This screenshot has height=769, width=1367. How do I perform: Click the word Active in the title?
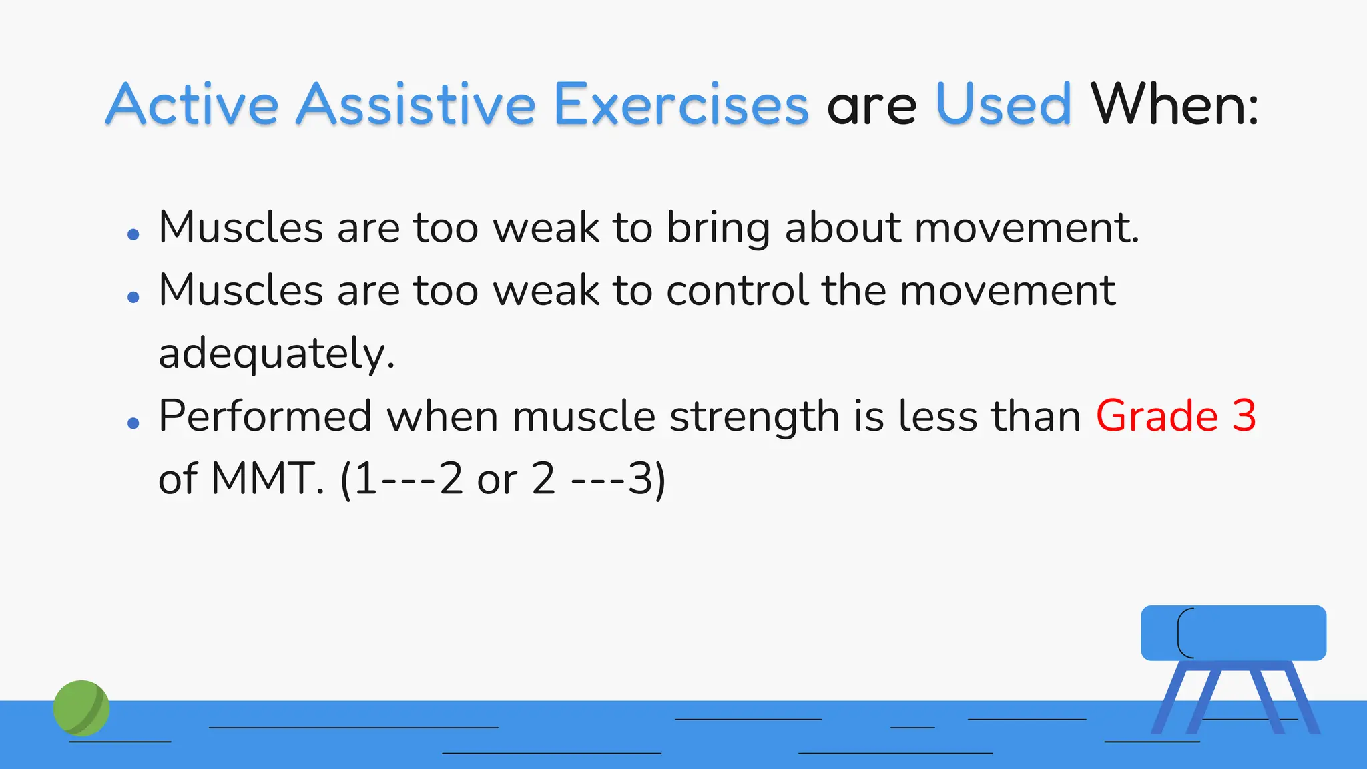(192, 105)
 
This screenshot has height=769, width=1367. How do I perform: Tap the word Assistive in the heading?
(416, 105)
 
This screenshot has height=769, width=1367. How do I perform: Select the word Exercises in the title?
(681, 105)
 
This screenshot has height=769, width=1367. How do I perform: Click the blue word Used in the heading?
(1003, 105)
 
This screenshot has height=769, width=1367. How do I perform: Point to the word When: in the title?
(1175, 105)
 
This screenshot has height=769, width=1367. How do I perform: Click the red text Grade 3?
(1175, 416)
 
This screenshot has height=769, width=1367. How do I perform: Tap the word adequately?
(276, 354)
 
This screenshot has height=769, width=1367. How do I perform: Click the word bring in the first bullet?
(718, 228)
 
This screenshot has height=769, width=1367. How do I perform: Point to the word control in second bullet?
(736, 290)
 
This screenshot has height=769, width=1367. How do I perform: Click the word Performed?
(265, 416)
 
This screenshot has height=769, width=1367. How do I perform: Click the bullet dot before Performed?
(133, 423)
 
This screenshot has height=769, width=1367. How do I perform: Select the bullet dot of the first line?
(133, 234)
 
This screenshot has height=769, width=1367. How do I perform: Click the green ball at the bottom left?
(81, 708)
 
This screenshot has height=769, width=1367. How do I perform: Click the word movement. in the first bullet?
(1026, 228)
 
